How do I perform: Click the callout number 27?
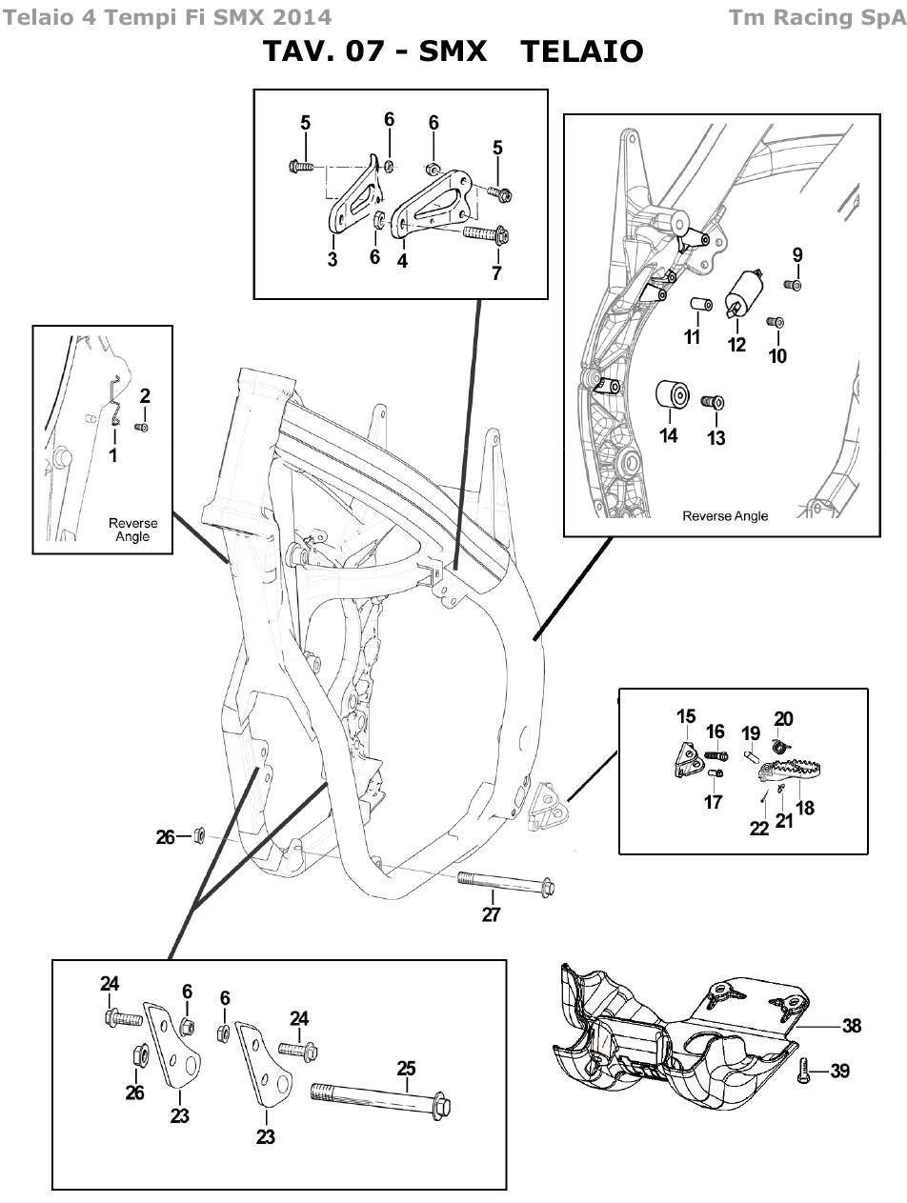492,915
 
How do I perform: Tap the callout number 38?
851,1026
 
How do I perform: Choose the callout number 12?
736,345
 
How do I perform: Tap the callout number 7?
496,272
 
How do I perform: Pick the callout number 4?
403,260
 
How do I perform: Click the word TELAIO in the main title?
582,51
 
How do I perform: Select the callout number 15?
687,716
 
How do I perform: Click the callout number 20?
783,719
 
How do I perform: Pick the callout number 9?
797,254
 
